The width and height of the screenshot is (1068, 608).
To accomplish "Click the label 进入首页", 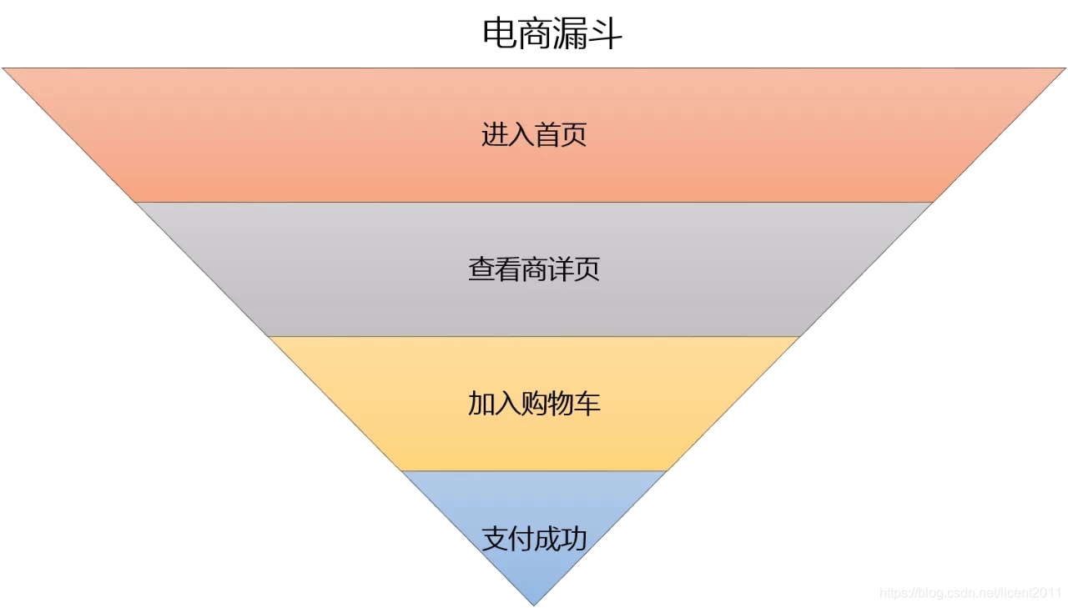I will (x=534, y=135).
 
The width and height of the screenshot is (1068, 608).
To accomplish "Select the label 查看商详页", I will (x=534, y=269).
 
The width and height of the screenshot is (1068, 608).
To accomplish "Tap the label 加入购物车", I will (x=534, y=404).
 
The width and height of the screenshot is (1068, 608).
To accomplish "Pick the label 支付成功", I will (x=534, y=539).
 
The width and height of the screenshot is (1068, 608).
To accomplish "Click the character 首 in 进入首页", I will (x=547, y=135).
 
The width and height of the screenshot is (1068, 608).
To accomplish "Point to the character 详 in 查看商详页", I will (x=561, y=269).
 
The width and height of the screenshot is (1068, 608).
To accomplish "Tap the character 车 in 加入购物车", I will (x=587, y=404).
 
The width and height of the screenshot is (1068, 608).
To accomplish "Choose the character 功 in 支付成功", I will (x=574, y=539).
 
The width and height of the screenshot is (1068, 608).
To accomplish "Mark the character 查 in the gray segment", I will (x=481, y=269).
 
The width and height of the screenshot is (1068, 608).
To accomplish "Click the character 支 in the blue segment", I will (x=495, y=539).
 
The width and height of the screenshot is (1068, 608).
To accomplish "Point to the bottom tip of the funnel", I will (x=534, y=604).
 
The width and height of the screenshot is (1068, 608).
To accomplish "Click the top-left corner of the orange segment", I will (x=4, y=69).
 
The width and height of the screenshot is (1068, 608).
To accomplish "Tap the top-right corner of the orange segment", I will (x=1064, y=69).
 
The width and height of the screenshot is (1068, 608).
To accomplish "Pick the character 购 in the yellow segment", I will (x=534, y=404).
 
